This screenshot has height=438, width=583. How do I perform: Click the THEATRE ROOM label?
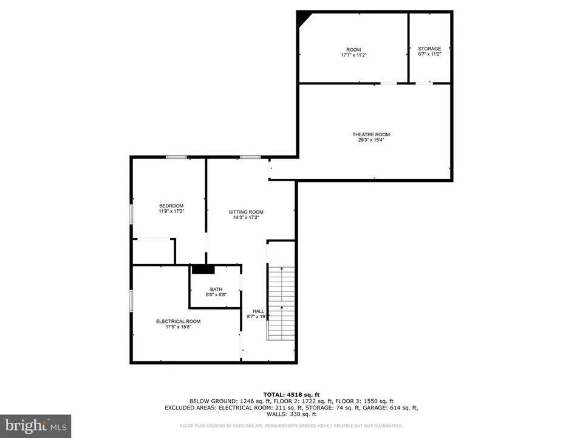370,134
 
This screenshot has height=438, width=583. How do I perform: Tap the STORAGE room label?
429,49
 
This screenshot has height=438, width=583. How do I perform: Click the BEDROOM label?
171,206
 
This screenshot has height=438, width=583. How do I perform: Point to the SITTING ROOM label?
246,212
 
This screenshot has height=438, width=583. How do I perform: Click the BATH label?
216,289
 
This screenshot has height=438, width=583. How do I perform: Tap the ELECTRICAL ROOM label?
178,321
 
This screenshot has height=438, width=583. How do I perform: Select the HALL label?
258,311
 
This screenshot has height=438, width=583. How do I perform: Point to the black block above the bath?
203,269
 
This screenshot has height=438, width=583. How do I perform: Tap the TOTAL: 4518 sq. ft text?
291,394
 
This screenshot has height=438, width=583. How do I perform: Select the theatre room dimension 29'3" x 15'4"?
370,140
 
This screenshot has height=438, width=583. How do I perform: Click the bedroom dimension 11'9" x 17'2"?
171,211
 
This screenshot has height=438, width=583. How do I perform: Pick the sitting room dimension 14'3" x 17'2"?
246,217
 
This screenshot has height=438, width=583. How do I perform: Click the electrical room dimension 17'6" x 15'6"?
178,327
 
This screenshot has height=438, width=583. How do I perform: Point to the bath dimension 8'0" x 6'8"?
216,295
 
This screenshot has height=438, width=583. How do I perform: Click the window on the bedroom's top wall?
177,157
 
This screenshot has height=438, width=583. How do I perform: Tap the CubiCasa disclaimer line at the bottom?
291,426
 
